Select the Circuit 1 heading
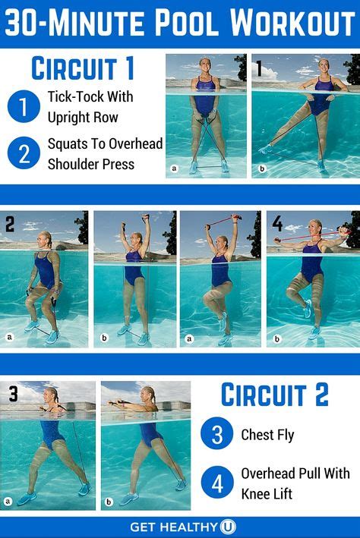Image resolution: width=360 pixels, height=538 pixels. [83, 69]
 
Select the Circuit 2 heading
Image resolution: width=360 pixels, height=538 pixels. [274, 395]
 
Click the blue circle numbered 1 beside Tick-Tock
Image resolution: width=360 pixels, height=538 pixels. [24, 106]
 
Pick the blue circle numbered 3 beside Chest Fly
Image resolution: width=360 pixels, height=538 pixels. [217, 436]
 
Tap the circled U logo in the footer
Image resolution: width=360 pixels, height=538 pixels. [229, 526]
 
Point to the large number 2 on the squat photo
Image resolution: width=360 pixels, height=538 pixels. [10, 225]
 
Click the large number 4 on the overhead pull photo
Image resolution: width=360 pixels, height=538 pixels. [276, 224]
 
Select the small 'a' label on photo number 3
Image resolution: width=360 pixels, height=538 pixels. [8, 501]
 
